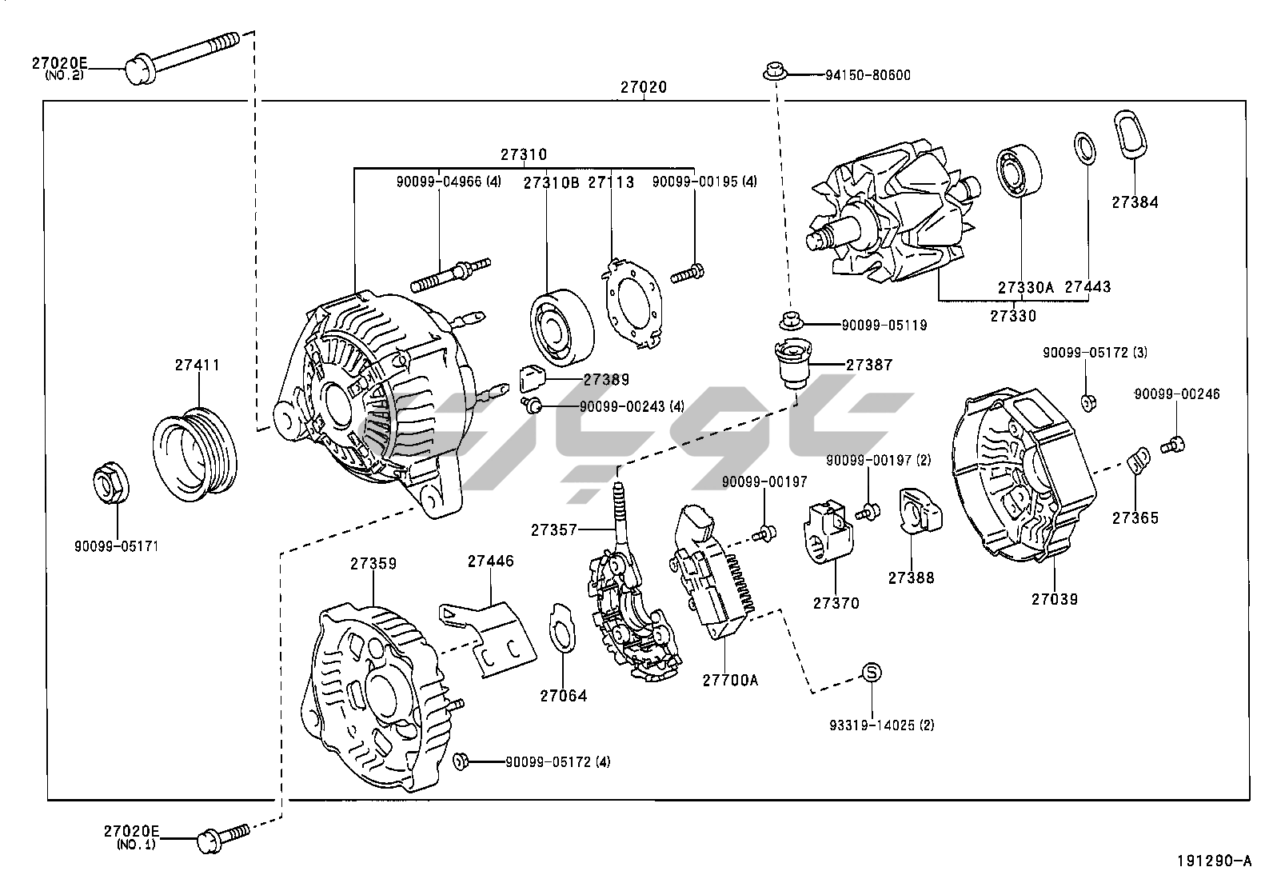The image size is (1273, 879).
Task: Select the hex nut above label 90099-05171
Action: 110,482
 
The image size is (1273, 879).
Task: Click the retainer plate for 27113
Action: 632,300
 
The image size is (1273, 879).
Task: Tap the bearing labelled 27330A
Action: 1020,172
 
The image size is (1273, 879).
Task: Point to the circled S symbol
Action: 872,673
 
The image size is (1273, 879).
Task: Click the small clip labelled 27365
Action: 1138,461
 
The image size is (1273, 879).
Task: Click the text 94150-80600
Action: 868,75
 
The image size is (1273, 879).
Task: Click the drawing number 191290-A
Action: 1213,861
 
